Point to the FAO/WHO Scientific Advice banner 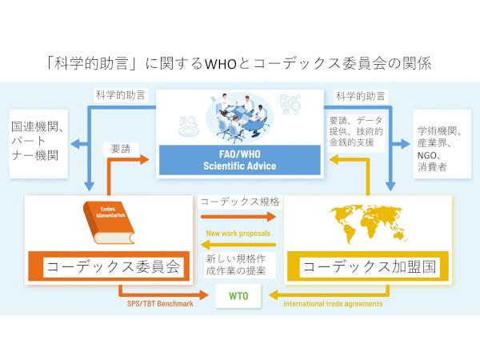pos(239,158)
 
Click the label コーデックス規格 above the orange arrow pos(234,202)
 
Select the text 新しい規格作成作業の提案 pos(235,266)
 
